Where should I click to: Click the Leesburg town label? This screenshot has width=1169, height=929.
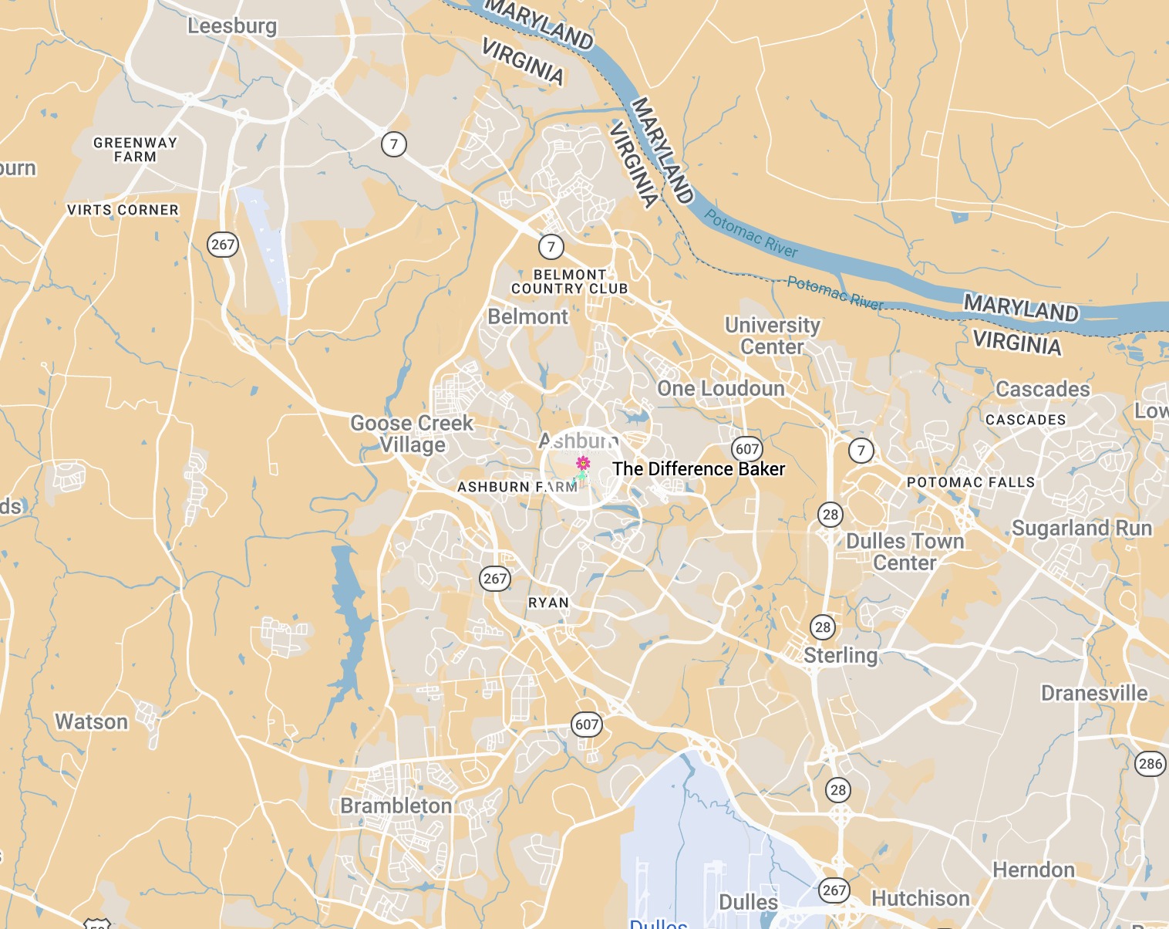pos(232,25)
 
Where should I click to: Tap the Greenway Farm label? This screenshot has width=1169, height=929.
pos(135,150)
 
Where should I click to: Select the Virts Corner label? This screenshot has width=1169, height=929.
pos(123,210)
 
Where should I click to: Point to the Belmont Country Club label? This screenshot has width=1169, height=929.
pos(570,282)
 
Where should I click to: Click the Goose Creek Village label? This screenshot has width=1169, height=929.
pos(412,434)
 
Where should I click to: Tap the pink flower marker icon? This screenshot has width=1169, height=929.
pos(583,463)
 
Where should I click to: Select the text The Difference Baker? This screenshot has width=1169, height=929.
pos(699,469)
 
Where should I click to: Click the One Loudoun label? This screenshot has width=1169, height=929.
pos(720,388)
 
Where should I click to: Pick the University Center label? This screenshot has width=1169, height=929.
pos(772,336)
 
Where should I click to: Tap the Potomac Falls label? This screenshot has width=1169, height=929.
pos(971,482)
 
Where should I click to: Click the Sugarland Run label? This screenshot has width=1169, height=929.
pos(1082,528)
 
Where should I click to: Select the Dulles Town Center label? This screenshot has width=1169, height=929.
pos(905,552)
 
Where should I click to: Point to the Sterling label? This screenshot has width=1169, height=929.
pos(841,655)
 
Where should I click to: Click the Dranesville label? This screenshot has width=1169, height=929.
pos(1094,693)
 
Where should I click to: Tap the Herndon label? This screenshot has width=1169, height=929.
pos(1033,870)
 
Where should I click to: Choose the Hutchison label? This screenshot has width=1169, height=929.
pos(921,898)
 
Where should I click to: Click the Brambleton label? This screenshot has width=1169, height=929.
pos(396,806)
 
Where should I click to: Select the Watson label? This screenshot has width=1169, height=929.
pos(92,721)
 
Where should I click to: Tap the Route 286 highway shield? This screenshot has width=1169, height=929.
pos(1150,764)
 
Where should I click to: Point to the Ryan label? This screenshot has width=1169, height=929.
pos(548,603)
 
